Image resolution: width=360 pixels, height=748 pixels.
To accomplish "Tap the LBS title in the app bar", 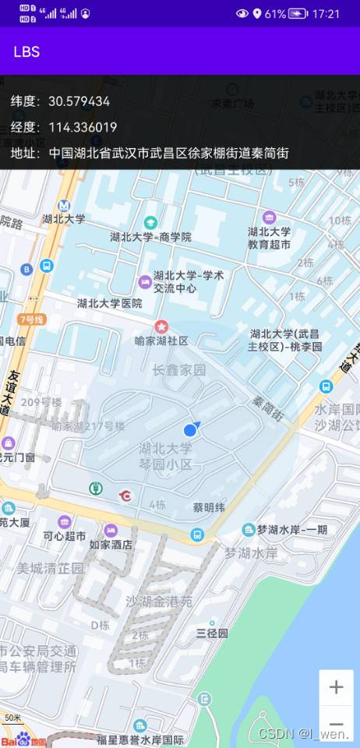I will click(x=26, y=52).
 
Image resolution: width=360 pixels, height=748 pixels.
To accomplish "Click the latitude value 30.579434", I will click(x=79, y=101).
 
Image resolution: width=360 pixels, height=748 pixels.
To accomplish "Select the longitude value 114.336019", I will click(x=83, y=127).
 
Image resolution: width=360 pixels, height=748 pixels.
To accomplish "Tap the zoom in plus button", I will click(x=336, y=687).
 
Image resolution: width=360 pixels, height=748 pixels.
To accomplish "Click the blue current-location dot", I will click(x=190, y=430).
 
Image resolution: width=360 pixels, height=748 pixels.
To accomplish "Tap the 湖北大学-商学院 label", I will click(x=150, y=237).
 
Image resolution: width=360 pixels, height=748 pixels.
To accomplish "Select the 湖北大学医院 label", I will click(x=110, y=303).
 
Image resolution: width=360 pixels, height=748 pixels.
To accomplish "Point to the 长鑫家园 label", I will click(x=179, y=370).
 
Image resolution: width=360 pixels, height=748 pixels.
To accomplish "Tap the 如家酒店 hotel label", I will click(x=111, y=545).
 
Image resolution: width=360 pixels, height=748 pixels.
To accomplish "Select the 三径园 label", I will click(x=212, y=633).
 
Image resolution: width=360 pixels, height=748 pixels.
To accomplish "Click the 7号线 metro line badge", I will click(x=32, y=319).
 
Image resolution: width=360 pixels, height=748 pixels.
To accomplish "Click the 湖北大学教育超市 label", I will click(x=269, y=238).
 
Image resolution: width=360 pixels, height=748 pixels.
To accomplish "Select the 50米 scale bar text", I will click(x=13, y=718).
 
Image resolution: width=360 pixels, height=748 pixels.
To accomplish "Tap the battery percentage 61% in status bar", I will click(x=275, y=13).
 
